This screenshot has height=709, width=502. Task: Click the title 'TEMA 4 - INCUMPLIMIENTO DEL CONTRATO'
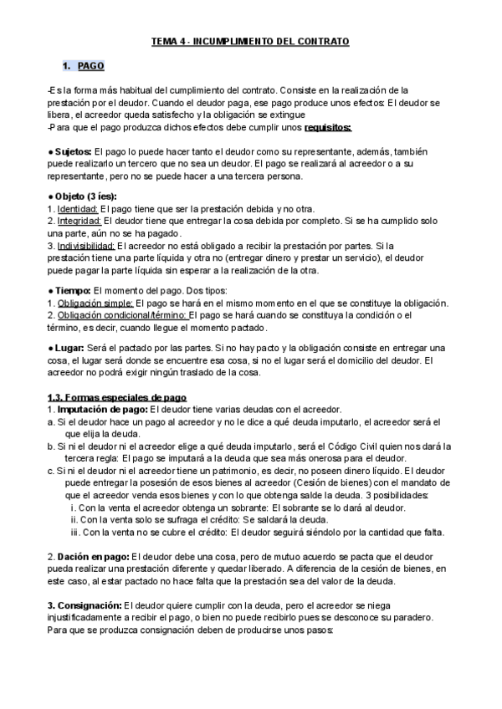pyautogui.click(x=250, y=40)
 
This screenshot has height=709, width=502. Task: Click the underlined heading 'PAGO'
pyautogui.click(x=90, y=66)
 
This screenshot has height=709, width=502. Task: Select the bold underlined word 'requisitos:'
pyautogui.click(x=328, y=127)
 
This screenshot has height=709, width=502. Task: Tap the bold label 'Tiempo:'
pyautogui.click(x=74, y=289)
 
